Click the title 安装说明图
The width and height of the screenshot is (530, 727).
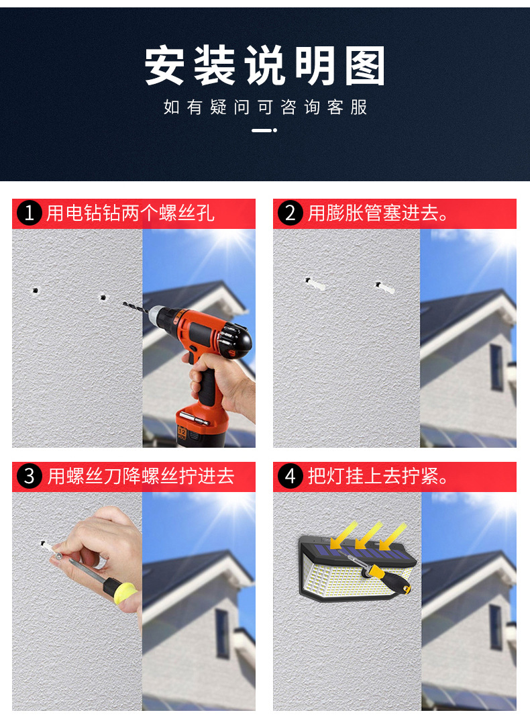click(265, 65)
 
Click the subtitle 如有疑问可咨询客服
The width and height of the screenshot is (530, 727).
click(265, 107)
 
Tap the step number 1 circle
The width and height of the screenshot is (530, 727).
click(30, 213)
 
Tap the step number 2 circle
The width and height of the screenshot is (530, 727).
click(290, 213)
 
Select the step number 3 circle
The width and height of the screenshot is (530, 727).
click(30, 476)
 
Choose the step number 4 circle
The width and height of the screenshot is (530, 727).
click(290, 476)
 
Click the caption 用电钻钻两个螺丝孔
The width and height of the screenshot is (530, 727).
click(130, 213)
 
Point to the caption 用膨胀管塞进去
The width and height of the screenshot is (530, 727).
click(378, 213)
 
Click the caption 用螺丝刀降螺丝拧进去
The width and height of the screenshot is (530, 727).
click(141, 476)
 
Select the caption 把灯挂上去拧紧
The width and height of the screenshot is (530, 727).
click(378, 476)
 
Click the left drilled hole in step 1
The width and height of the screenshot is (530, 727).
click(35, 291)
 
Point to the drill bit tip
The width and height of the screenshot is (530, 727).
click(123, 303)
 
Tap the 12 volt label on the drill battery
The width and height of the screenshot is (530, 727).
click(182, 433)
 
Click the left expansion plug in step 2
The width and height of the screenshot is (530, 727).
click(315, 284)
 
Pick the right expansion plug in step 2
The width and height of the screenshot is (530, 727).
click(385, 287)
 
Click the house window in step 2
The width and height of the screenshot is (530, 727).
click(496, 367)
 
